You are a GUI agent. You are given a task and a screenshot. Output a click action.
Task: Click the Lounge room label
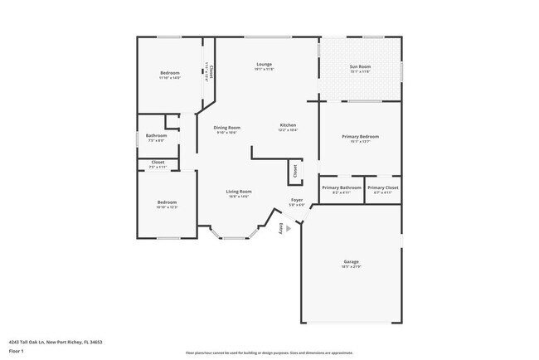264,64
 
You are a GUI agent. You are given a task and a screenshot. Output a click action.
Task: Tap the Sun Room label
360,66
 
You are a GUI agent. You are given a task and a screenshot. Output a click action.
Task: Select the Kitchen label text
288,125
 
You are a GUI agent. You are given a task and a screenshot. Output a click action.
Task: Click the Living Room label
239,192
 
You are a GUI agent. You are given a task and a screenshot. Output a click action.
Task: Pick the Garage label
352,261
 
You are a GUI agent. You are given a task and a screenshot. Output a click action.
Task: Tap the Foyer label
296,200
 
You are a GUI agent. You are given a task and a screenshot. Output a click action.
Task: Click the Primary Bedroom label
360,136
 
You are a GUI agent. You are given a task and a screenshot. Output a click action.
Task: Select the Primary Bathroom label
342,187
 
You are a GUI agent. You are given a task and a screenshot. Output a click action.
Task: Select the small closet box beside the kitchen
294,171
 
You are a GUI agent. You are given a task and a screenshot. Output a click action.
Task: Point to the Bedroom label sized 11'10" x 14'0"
169,73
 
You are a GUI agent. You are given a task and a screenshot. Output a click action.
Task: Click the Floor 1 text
17,351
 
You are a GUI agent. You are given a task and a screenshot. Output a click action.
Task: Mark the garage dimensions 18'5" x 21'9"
352,266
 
